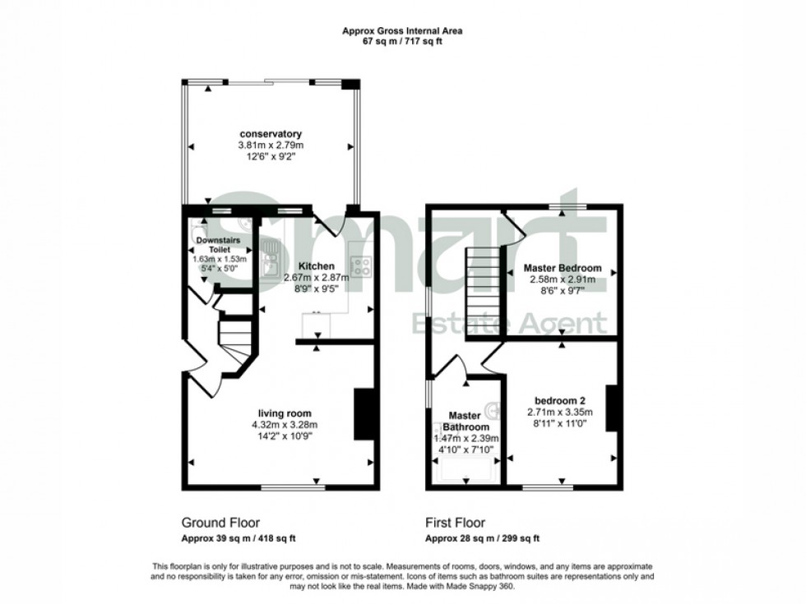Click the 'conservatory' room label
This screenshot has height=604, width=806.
pos(271,134)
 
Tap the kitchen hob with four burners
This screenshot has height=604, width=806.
pos(360,265)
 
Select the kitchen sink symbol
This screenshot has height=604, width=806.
pos(269,262)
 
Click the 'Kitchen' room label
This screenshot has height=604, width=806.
pos(316,266)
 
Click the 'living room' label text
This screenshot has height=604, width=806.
pos(284,413)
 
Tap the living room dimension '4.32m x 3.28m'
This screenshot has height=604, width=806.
pos(284,425)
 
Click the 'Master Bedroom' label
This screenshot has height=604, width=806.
pos(563,268)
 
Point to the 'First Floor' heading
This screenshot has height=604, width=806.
pos(455,522)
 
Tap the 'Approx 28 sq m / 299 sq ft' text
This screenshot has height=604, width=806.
pos(482,539)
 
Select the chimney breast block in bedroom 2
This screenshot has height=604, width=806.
pos(611,408)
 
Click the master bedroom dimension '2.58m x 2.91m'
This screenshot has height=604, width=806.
pos(563,279)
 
